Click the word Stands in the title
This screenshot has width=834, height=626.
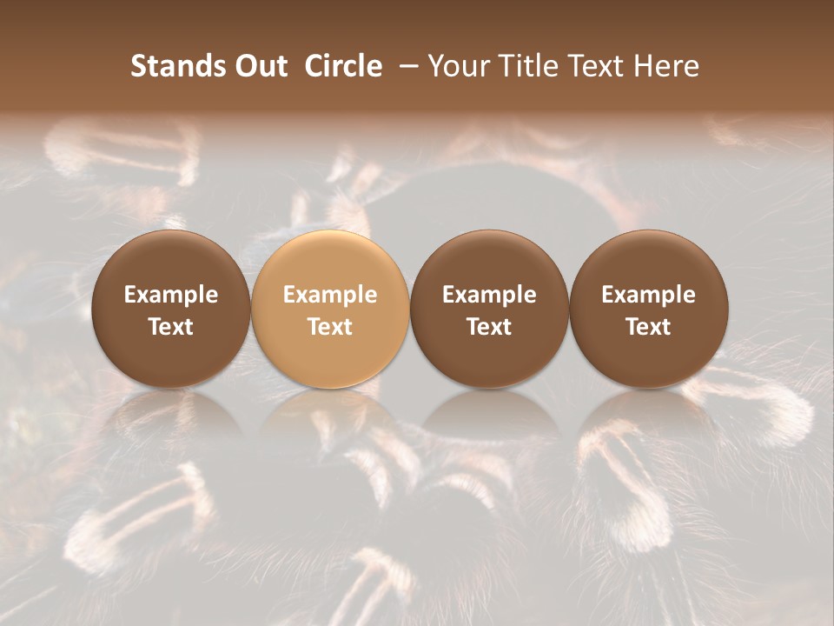pyautogui.click(x=169, y=66)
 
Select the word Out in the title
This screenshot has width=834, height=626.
pyautogui.click(x=259, y=66)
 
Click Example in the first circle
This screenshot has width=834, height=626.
pyautogui.click(x=170, y=295)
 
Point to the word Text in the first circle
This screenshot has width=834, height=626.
pyautogui.click(x=170, y=327)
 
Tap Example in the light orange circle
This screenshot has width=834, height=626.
pyautogui.click(x=330, y=295)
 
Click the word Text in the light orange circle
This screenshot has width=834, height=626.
pyautogui.click(x=330, y=327)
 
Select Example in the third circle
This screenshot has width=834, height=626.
pyautogui.click(x=489, y=295)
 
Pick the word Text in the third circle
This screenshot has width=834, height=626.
pyautogui.click(x=489, y=327)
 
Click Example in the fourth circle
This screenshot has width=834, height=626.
pyautogui.click(x=648, y=295)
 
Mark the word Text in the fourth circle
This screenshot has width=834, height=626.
pyautogui.click(x=648, y=327)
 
